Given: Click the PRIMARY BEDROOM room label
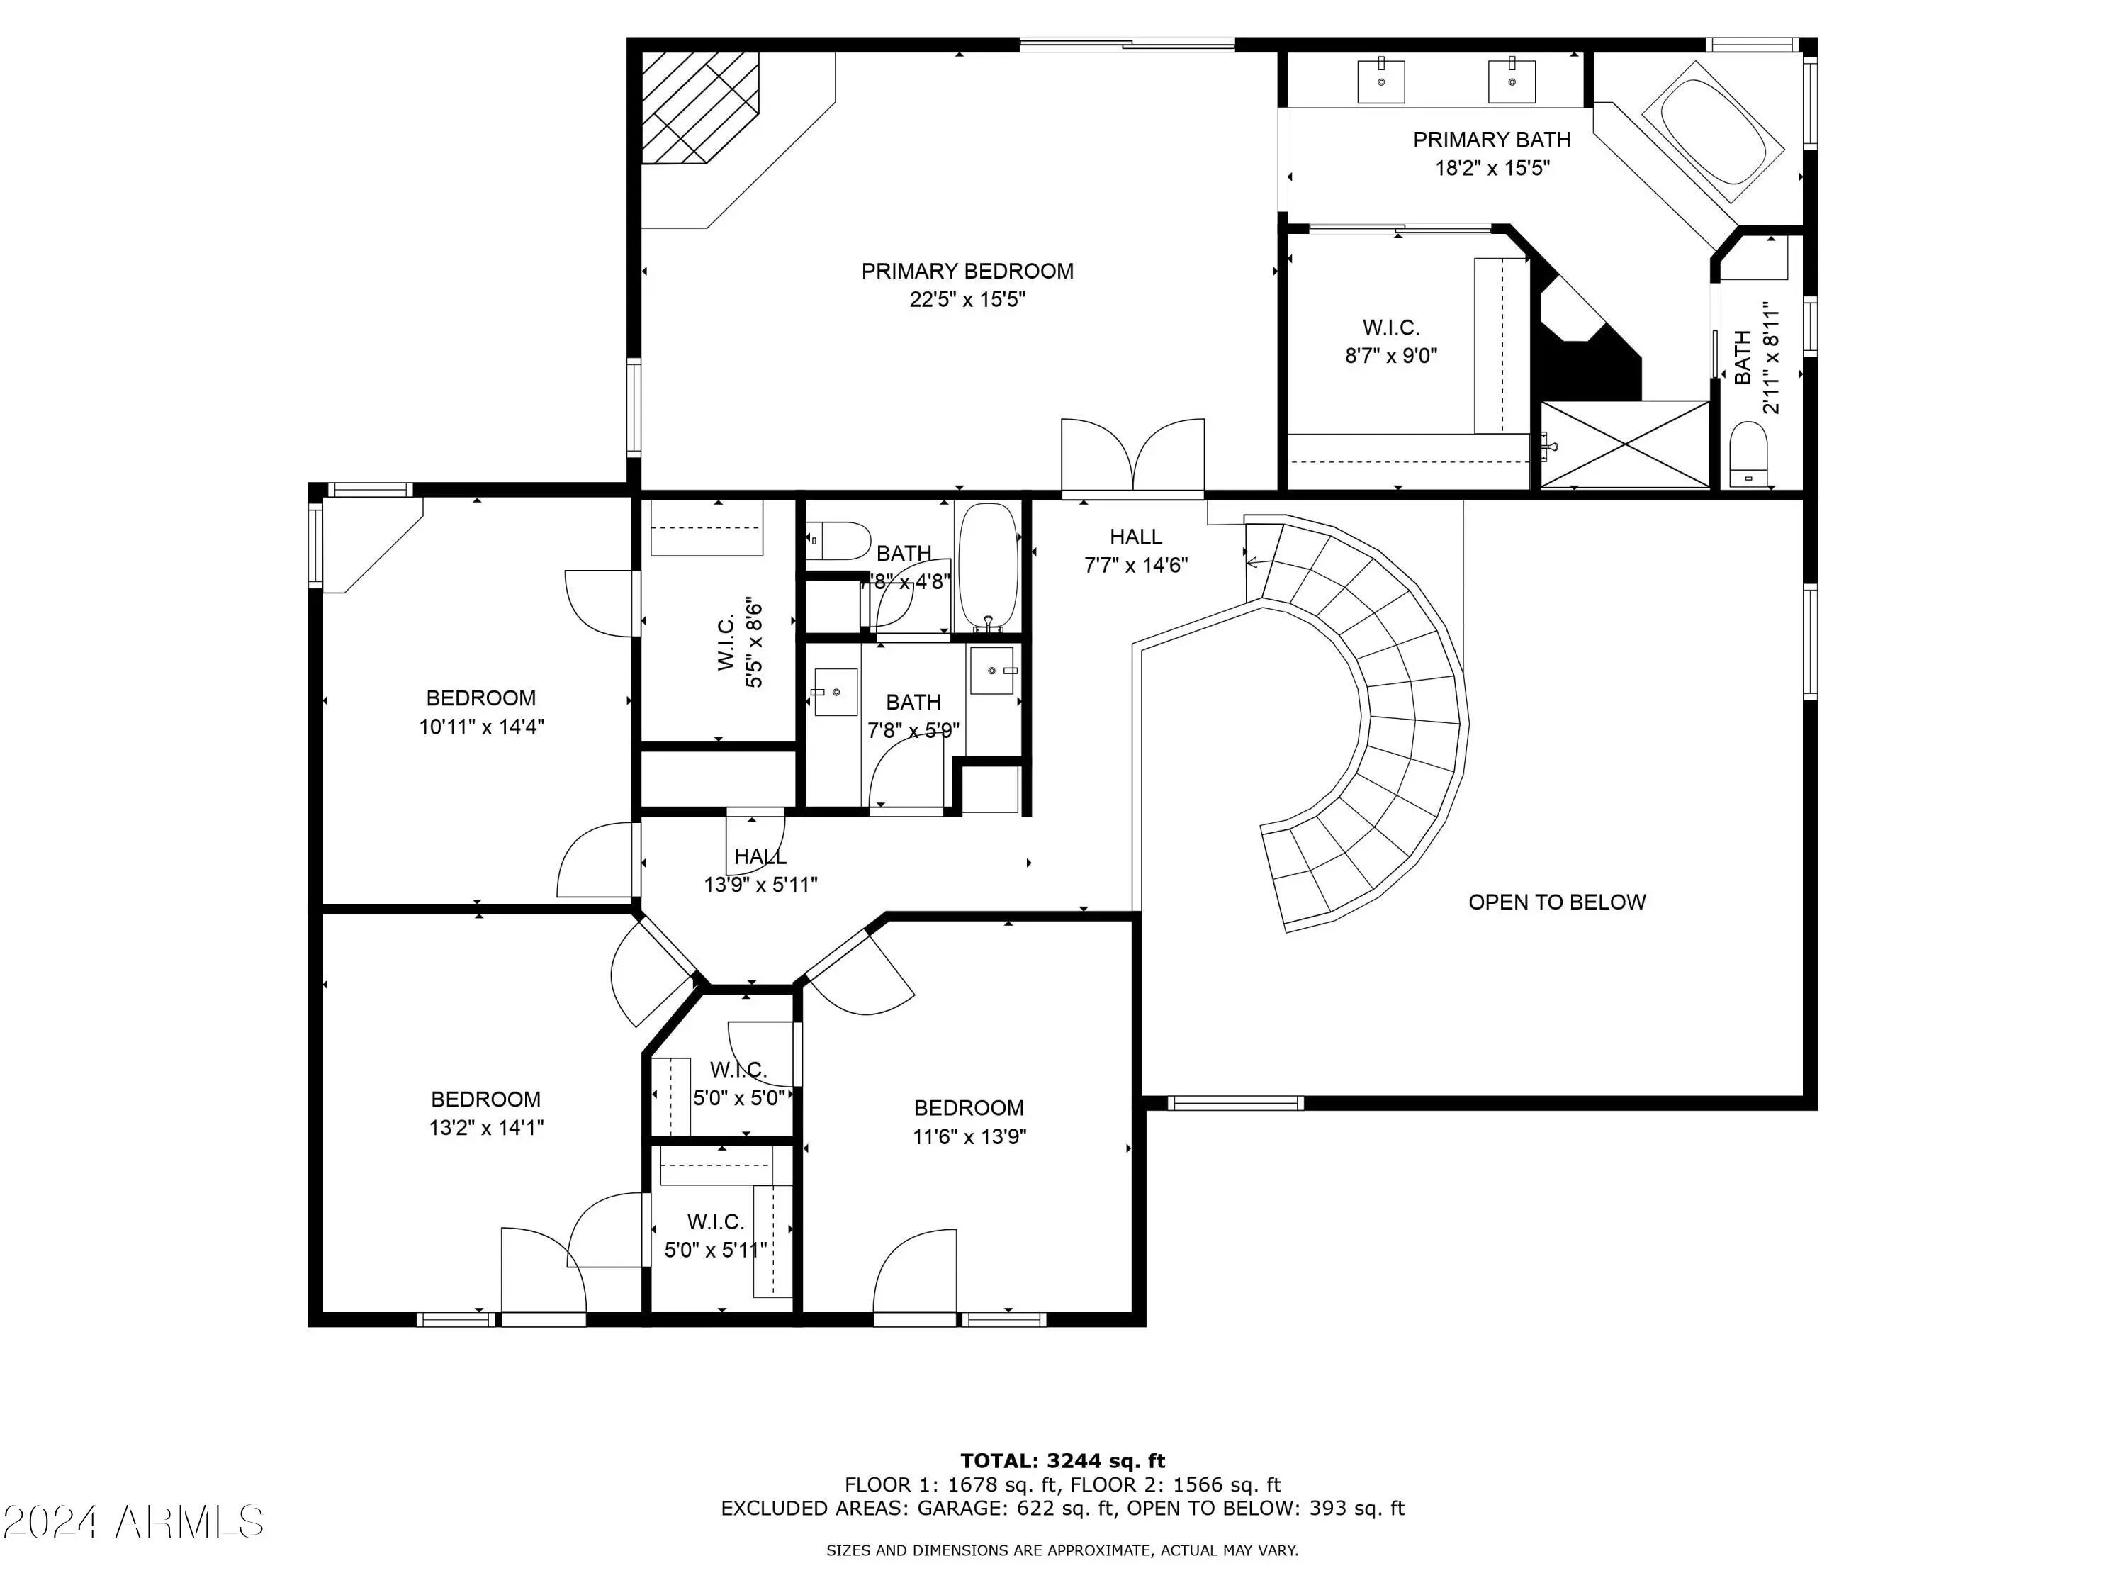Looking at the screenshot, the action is [967, 271].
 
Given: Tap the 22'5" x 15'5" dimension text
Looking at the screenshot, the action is [967, 300].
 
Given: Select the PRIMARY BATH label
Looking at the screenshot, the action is [1492, 140].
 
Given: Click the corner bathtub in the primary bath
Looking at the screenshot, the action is [1713, 132].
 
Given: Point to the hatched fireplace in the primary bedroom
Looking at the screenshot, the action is [699, 108].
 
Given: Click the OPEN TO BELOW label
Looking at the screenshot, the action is [1557, 902].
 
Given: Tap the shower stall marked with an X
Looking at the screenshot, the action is [1625, 444].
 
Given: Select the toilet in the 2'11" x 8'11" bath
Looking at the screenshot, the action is [1748, 456].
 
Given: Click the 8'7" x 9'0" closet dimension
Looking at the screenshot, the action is [1390, 356].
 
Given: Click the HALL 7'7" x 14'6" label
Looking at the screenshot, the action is [1136, 551].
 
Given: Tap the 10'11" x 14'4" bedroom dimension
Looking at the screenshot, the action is [481, 727].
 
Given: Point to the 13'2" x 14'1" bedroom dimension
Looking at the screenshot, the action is [486, 1128].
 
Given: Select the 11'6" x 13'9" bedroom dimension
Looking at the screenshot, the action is [969, 1136].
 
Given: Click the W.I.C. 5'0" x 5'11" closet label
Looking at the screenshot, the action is [716, 1236].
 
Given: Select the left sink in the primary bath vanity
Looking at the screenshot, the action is [1381, 81].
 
